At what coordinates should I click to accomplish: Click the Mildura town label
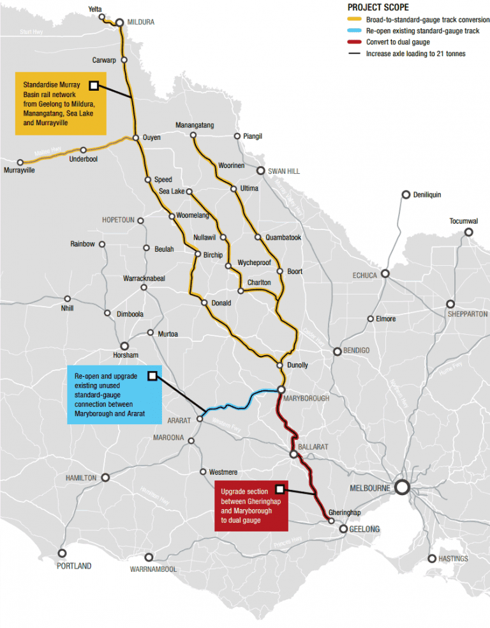point(140,22)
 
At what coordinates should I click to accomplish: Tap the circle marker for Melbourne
point(402,487)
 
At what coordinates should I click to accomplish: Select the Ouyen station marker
point(136,137)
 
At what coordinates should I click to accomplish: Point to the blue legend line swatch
point(355,31)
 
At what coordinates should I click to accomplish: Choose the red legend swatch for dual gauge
point(355,42)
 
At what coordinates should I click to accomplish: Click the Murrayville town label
point(19,171)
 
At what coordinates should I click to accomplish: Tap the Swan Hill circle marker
point(260,171)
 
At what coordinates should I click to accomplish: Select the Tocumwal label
point(463,221)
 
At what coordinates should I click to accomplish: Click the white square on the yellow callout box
point(94,85)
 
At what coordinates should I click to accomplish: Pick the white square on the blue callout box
point(152,376)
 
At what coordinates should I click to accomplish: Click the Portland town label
point(74,566)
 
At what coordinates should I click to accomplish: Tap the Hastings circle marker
point(432,558)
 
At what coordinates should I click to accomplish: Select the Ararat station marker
point(200,419)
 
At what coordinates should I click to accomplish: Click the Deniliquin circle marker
point(405,194)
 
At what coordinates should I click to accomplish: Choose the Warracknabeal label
point(144,279)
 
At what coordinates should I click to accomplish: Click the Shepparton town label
point(468,314)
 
